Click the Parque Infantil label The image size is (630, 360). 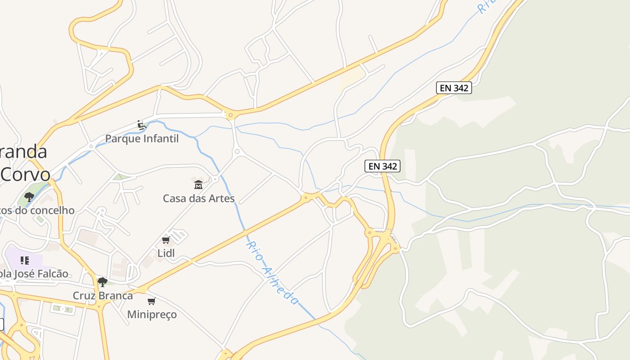point(142,139)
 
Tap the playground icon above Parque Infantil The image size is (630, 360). point(142,125)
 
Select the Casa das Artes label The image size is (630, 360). point(198,198)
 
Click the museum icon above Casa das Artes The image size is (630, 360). point(198,184)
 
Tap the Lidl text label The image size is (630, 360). point(166,253)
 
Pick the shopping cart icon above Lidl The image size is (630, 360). point(166,240)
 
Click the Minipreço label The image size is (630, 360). point(152,314)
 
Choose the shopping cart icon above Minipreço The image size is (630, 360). point(152,301)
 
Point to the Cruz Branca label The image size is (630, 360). point(103,296)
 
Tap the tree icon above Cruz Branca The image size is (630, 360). point(103,282)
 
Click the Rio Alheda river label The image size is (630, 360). point(272,273)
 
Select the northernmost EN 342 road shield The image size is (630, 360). point(454,88)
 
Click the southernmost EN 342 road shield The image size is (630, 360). point(382,166)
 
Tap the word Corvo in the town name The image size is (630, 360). point(25,174)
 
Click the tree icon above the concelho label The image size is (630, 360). point(29,197)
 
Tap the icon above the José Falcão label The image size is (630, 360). point(25,260)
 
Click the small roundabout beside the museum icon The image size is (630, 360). point(216,179)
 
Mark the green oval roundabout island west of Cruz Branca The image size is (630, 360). point(63,309)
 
